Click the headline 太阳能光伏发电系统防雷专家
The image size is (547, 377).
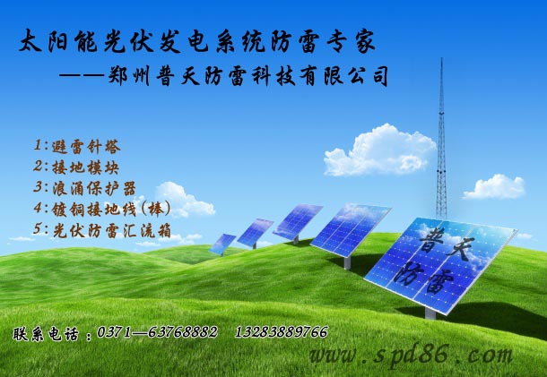pyautogui.click(x=196, y=42)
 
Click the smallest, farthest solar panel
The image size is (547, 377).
pyautogui.click(x=222, y=242)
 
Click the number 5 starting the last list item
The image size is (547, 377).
pyautogui.click(x=37, y=229)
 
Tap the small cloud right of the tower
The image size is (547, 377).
pyautogui.click(x=493, y=186)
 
